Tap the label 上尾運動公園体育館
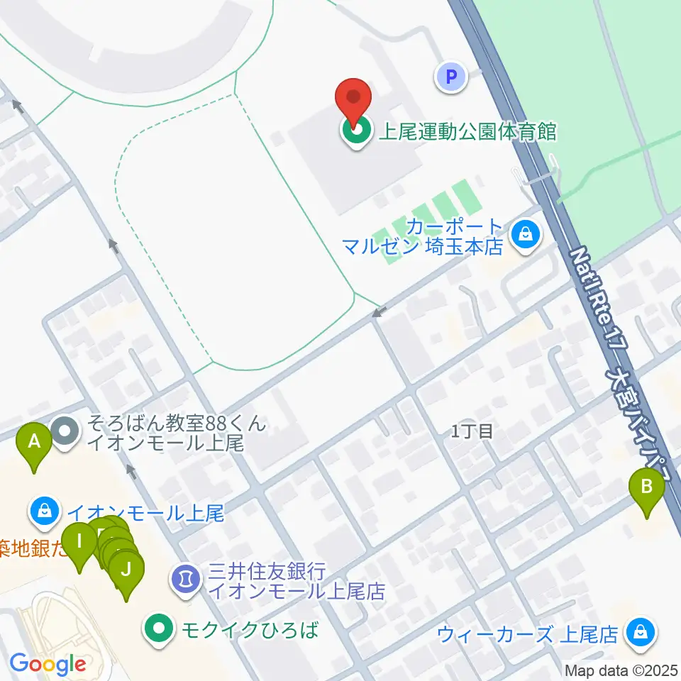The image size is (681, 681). coord(467,132)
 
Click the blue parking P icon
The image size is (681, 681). coord(452,75)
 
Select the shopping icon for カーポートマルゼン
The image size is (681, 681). coord(526,233)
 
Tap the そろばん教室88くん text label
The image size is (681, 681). coord(177,425)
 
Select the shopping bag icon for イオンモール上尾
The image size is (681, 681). coord(45,511)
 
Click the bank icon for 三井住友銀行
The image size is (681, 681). coord(186,579)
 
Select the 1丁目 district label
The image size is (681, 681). coord(472,431)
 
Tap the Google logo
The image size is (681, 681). coord(48,664)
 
